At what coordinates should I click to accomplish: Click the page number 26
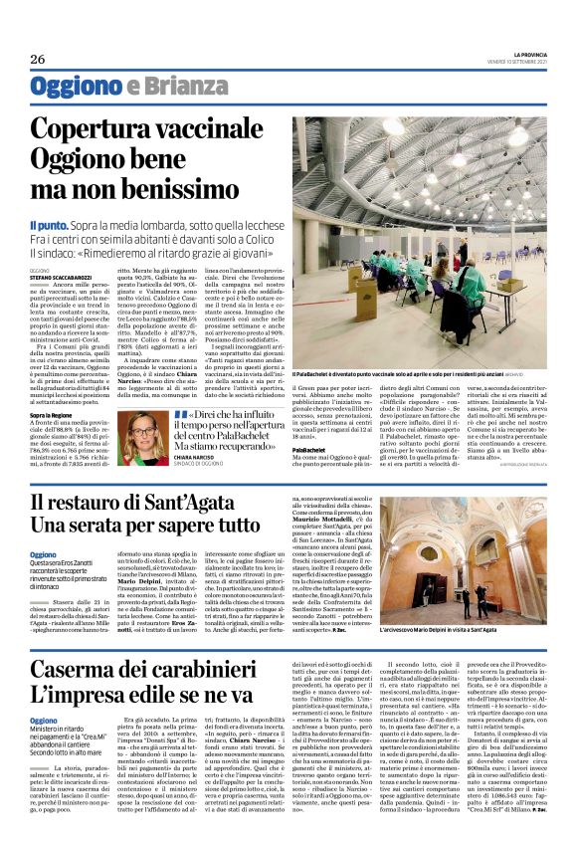38,59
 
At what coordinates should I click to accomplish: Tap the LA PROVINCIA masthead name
525,54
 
